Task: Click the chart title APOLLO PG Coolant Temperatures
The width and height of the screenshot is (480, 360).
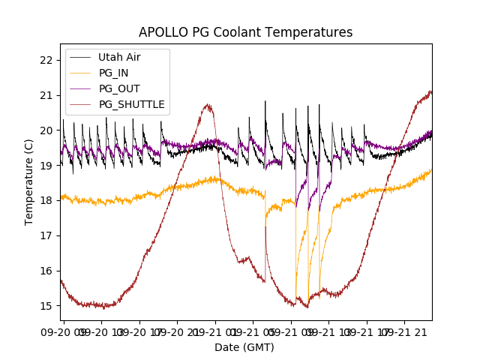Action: (x=245, y=32)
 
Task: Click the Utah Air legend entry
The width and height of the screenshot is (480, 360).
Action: (x=119, y=57)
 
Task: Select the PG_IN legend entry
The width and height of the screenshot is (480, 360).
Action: (x=114, y=73)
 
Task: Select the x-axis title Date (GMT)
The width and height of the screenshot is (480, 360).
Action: (x=244, y=347)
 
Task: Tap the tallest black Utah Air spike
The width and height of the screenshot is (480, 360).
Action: (x=265, y=101)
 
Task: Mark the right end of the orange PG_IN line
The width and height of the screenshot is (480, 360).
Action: (x=431, y=170)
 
